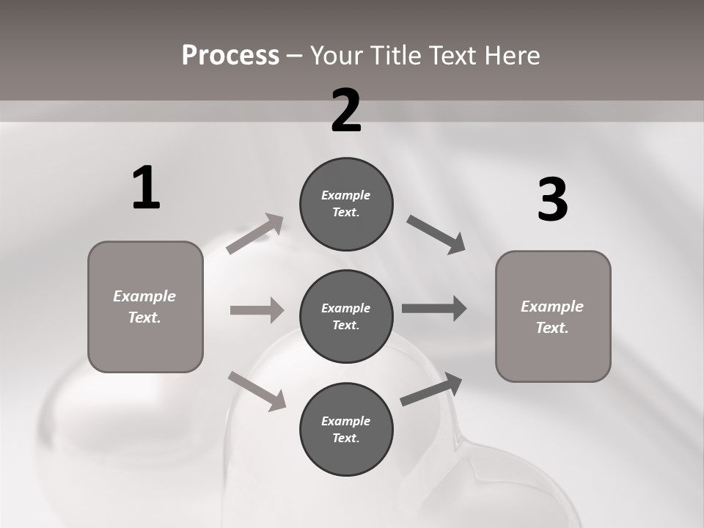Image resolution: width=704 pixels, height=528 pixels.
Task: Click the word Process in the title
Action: click(230, 55)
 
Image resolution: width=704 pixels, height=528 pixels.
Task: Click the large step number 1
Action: click(146, 188)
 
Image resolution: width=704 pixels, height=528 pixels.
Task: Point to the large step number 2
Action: click(346, 111)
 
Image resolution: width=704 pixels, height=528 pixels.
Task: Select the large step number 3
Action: click(552, 199)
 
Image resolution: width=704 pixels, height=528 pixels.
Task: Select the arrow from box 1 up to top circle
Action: click(255, 234)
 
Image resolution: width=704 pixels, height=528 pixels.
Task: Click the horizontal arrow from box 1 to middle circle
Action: click(257, 310)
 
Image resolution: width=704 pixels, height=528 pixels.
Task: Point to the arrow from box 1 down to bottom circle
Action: click(257, 390)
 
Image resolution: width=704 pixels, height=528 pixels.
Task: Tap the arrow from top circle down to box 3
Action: click(436, 234)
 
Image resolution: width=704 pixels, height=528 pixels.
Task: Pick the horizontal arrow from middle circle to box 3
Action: click(434, 309)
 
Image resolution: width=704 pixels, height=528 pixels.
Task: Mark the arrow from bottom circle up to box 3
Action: click(432, 389)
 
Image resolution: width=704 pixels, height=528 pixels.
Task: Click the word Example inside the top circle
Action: click(346, 195)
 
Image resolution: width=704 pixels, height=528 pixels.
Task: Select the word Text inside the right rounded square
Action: click(551, 328)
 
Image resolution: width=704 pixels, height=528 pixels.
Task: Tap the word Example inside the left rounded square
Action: click(144, 296)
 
